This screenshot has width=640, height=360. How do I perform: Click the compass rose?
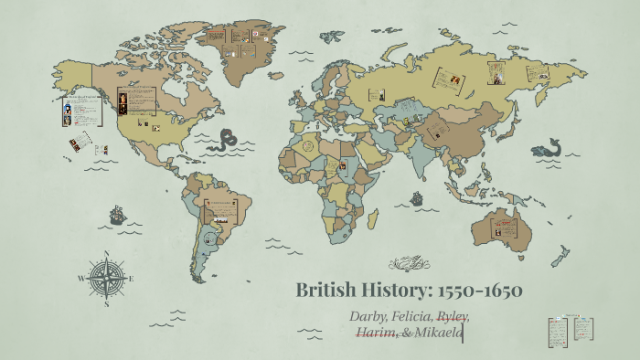click(108, 277)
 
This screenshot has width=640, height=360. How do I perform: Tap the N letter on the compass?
click(108, 255)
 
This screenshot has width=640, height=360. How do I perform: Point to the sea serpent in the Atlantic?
click(226, 140)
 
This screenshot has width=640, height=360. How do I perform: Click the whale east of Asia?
click(549, 148)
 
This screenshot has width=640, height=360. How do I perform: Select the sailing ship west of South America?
click(118, 216)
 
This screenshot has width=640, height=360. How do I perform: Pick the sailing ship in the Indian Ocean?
click(417, 196)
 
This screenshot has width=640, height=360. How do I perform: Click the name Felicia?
click(412, 316)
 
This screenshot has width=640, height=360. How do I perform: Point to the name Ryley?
click(453, 316)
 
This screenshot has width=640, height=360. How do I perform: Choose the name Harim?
click(376, 333)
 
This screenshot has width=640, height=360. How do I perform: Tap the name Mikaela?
click(438, 333)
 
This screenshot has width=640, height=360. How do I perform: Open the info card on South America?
click(220, 212)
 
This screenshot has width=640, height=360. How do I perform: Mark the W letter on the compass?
click(81, 278)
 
